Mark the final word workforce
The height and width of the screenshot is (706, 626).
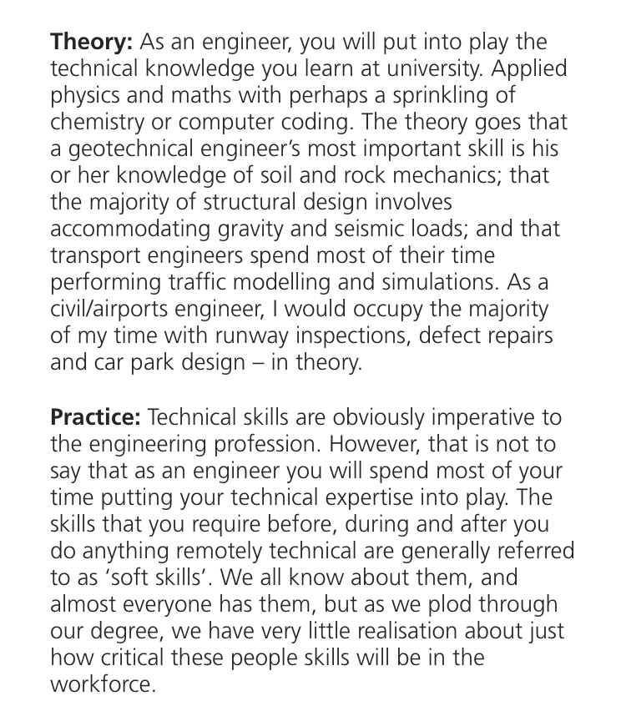(103, 684)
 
